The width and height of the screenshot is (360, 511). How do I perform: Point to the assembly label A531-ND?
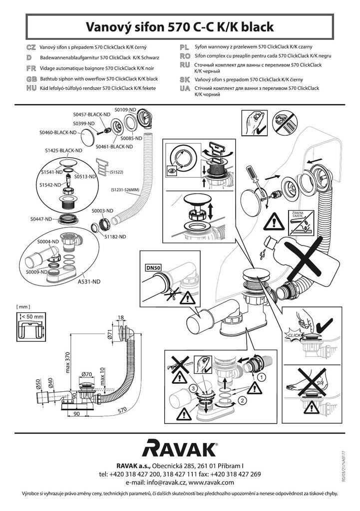(88, 281)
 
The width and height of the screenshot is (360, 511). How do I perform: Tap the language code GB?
(30, 79)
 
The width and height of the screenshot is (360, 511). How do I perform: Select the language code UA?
(184, 88)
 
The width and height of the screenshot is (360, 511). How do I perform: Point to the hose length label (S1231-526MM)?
(125, 190)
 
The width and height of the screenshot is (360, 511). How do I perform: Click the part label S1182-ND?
(115, 237)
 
